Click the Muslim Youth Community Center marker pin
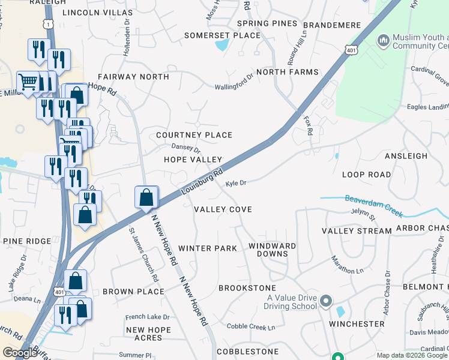tap(383, 41)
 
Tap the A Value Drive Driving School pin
tap(326, 300)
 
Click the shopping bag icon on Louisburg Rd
tap(146, 197)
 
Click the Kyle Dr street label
tap(236, 183)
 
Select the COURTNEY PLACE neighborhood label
tap(194, 135)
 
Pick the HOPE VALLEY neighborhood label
tap(193, 160)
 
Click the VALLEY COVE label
tap(223, 209)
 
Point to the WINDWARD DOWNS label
tap(273, 250)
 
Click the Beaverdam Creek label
tap(372, 204)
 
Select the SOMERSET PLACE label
tap(222, 35)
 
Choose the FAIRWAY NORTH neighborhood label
tap(133, 77)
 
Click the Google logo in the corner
tap(20, 353)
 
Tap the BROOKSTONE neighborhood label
tap(247, 289)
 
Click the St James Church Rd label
tap(144, 254)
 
